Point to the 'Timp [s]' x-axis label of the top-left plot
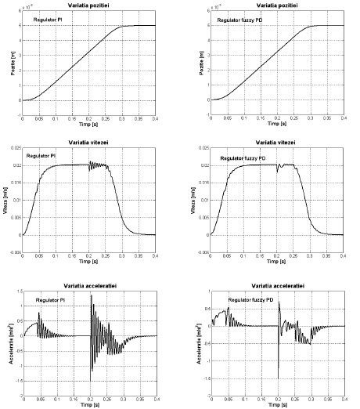click(88, 124)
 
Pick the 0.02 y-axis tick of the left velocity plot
click(15, 166)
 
